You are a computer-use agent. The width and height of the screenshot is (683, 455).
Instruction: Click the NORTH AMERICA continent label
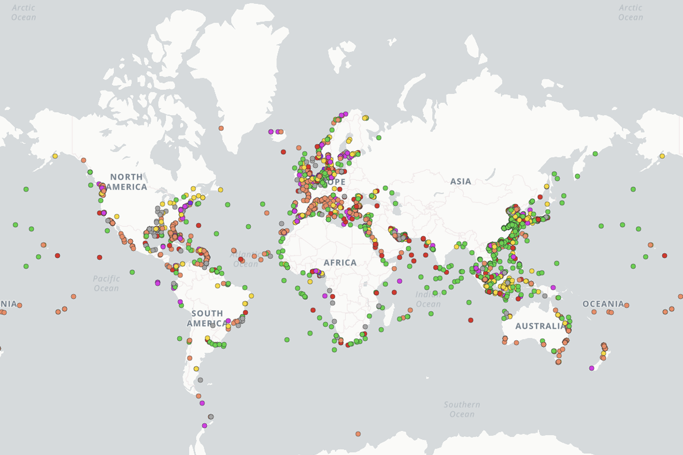(x=128, y=182)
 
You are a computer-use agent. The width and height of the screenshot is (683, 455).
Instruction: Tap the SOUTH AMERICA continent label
(x=207, y=318)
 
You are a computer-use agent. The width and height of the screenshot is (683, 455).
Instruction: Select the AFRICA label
(x=340, y=263)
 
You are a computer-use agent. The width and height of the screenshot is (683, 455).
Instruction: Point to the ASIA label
(x=460, y=181)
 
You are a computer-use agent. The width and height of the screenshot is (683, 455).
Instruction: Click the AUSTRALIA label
(x=541, y=326)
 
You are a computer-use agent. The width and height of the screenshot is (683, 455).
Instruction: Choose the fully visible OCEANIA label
(x=603, y=304)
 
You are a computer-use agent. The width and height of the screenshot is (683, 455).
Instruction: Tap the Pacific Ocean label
(x=106, y=283)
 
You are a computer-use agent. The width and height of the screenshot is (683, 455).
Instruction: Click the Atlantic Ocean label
(x=245, y=259)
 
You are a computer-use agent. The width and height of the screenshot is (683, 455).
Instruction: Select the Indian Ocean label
(x=428, y=299)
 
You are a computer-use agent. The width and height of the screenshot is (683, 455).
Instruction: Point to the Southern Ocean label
(x=462, y=409)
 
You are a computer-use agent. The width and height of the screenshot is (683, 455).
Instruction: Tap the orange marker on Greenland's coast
(x=221, y=128)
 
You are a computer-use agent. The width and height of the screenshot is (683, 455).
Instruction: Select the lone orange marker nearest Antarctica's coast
(x=358, y=434)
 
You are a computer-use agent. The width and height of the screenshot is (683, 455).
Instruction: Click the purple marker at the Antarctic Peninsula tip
(x=204, y=425)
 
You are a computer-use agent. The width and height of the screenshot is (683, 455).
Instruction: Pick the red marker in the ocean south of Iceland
(x=283, y=152)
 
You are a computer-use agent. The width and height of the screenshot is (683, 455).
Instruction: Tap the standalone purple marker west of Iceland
(x=271, y=131)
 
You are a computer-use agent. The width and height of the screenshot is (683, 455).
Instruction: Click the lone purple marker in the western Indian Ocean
(x=399, y=281)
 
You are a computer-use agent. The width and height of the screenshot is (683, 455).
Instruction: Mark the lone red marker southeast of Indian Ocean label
(x=471, y=320)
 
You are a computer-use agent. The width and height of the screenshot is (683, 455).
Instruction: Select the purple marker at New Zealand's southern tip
(x=591, y=368)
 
